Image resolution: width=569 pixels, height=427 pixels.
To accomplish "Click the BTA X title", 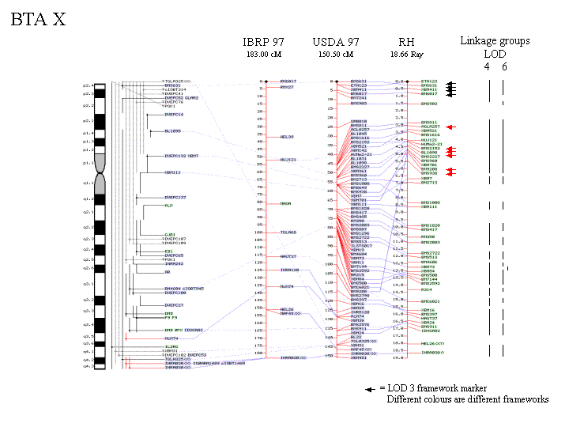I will click(38, 20).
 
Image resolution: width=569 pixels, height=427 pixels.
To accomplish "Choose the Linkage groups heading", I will click(495, 41).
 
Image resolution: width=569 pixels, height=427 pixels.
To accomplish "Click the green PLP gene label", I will click(168, 206).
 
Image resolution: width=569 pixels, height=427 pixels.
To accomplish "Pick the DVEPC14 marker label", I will click(173, 115).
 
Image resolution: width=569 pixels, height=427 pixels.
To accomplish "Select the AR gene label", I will click(167, 271).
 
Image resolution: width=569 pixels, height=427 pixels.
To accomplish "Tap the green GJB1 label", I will click(169, 235).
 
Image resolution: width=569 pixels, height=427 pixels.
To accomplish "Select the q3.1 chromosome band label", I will click(89, 283).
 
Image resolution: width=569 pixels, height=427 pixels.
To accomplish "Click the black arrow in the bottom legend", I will click(370, 389).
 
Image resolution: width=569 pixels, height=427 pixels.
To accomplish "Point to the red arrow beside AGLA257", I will click(450, 127).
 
